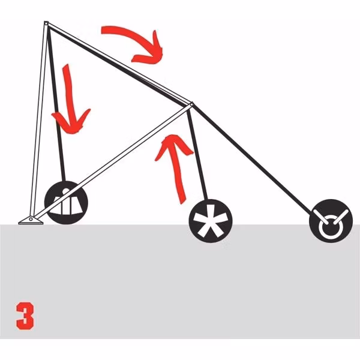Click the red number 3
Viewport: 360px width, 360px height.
25,316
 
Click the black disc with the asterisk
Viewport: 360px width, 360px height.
211,221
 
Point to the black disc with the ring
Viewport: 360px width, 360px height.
331,221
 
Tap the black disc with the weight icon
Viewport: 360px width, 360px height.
66,203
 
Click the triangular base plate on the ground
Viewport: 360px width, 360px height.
31,220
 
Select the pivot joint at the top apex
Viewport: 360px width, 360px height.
46,23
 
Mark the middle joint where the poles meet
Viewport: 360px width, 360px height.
191,104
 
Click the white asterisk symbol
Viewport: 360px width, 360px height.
211,221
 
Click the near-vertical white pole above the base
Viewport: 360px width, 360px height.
38,119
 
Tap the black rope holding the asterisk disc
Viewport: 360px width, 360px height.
197,154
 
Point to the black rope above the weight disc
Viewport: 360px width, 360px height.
56,103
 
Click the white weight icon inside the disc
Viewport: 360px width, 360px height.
66,203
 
